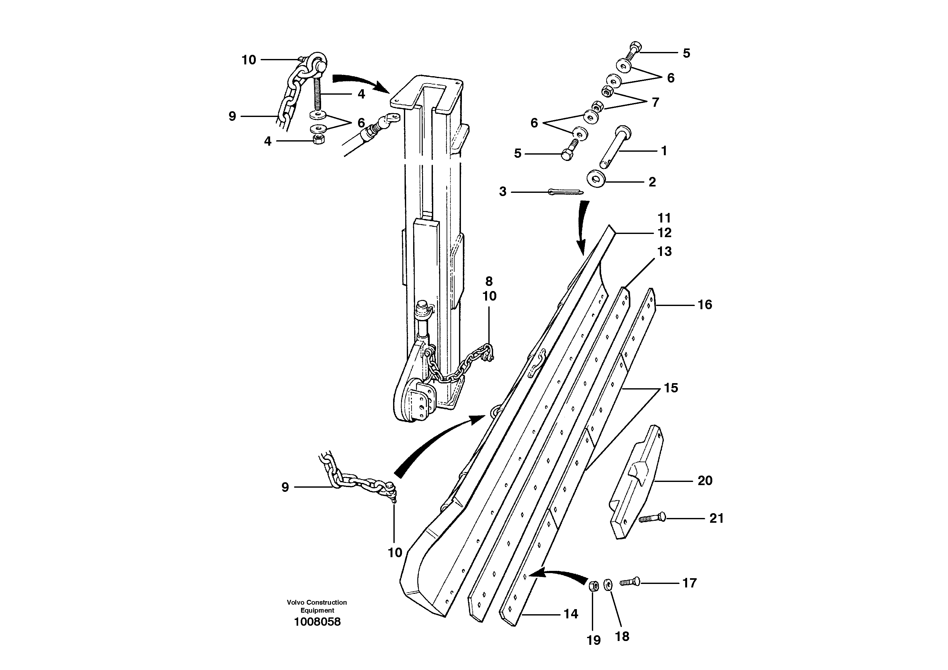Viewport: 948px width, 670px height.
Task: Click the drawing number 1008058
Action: click(x=317, y=622)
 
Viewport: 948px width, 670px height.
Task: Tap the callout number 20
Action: click(x=705, y=481)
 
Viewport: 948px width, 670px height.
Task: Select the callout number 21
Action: click(x=716, y=518)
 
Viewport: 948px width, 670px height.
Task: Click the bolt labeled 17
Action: click(x=629, y=582)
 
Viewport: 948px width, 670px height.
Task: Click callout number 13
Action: click(x=664, y=251)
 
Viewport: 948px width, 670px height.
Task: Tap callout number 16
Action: click(x=705, y=305)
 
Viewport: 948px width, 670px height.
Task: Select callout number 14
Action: click(x=571, y=614)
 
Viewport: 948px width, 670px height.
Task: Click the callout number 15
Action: click(x=671, y=388)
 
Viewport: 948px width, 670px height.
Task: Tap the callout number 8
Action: click(x=489, y=281)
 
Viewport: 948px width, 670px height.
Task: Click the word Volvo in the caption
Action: click(x=295, y=602)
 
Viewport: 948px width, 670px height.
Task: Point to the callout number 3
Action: click(x=502, y=192)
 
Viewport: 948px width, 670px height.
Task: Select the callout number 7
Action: click(x=655, y=102)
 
